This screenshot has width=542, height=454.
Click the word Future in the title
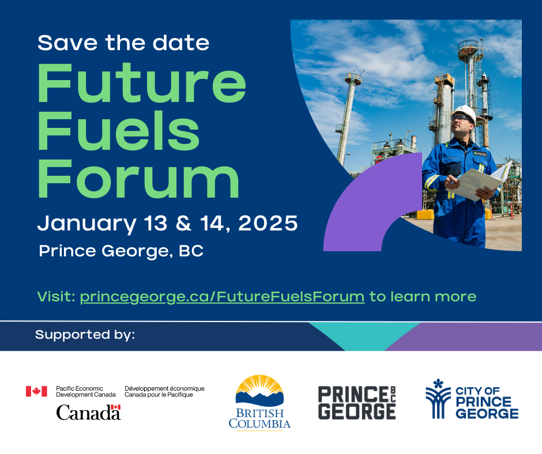point(142,84)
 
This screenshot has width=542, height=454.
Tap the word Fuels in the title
point(119,131)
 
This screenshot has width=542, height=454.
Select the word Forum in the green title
point(138,179)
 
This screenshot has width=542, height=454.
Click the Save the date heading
point(123,43)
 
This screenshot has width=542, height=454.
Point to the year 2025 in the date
point(268,223)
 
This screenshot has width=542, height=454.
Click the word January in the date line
point(86,225)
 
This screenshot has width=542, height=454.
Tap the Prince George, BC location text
point(121,252)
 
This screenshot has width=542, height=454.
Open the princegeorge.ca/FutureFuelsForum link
point(222,297)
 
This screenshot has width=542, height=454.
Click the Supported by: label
point(85,335)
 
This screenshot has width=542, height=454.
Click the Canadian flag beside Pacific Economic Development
point(36,391)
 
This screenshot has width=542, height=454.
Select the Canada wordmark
point(88,412)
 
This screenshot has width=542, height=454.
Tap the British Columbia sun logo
point(259,403)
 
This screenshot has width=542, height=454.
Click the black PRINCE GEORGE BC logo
point(357,403)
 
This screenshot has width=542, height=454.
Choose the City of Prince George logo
point(472,399)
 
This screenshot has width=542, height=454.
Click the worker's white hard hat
point(464,113)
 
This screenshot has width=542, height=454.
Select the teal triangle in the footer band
point(364,334)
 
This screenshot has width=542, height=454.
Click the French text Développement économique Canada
point(164,391)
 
